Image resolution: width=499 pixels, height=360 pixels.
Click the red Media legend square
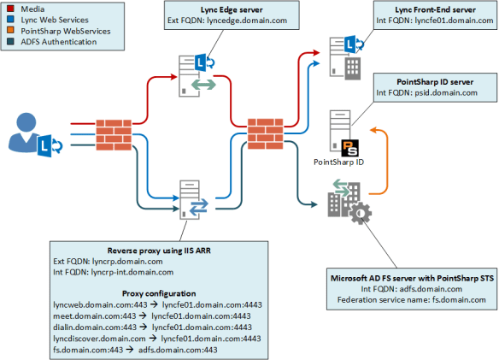point(8,9)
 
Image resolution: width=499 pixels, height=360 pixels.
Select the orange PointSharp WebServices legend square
point(8,31)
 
